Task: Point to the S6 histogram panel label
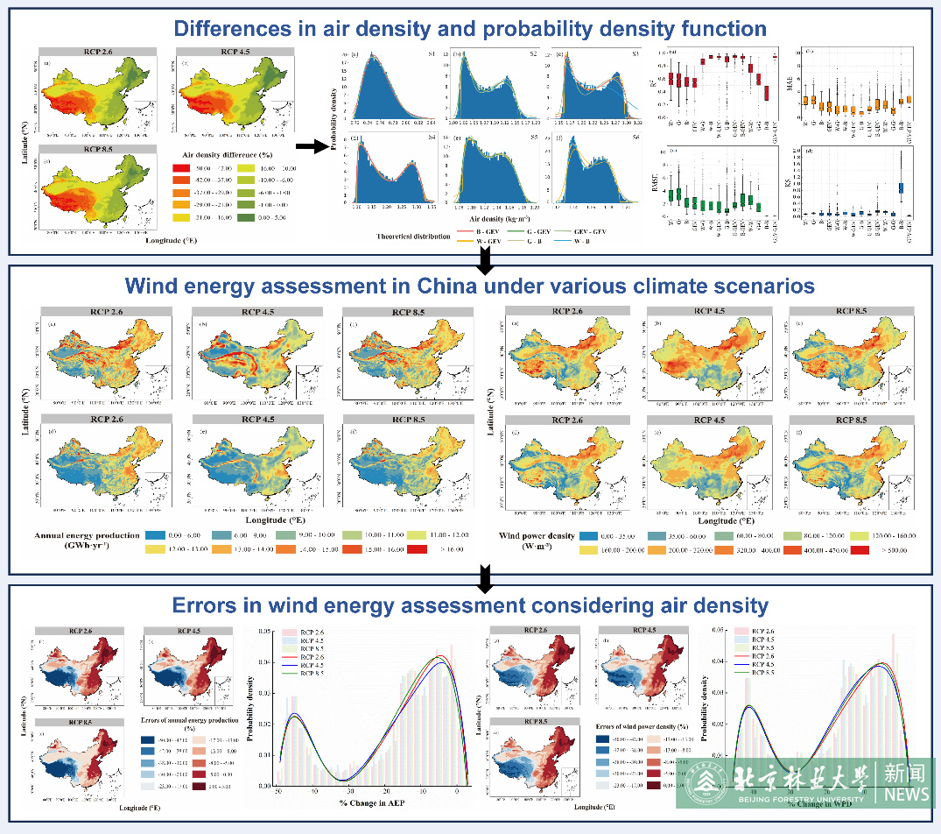(629, 138)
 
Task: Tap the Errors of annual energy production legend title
(189, 724)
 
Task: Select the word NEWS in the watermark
(906, 794)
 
